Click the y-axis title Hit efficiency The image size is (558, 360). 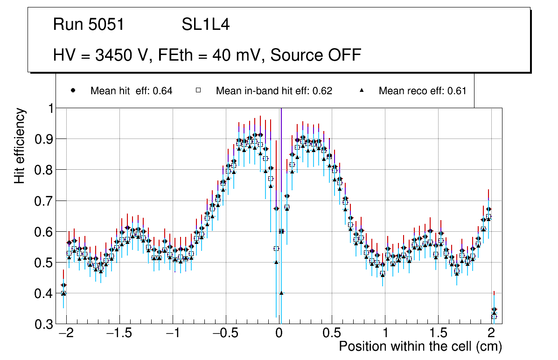tap(20, 145)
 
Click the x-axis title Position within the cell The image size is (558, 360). tap(420, 346)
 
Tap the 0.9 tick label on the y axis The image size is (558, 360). tap(44, 139)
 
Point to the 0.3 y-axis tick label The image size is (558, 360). tap(44, 324)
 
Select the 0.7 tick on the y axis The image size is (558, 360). tap(44, 201)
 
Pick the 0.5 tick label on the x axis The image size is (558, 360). tap(332, 333)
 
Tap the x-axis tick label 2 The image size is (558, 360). tap(491, 333)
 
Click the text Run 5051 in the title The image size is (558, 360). tap(89, 25)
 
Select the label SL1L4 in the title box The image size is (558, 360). tap(205, 25)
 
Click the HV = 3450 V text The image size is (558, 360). tap(102, 55)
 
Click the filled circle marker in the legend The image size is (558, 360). tap(73, 90)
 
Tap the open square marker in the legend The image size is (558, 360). tap(198, 90)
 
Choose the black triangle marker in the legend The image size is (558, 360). tap(362, 90)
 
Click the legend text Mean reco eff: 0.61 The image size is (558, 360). tap(422, 91)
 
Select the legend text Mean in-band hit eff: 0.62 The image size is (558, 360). tap(274, 91)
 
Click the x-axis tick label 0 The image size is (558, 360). tap(279, 333)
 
